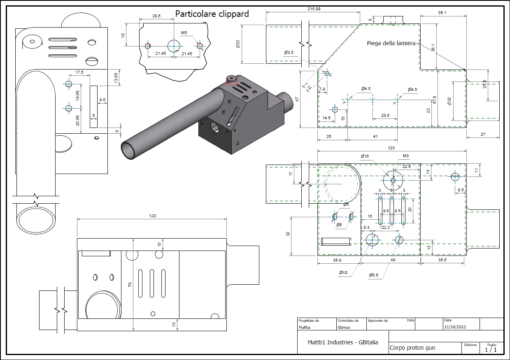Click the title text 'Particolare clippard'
[212, 14]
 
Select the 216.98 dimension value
[314, 9]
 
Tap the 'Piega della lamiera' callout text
[391, 43]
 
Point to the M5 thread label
[184, 33]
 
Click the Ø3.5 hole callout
[289, 53]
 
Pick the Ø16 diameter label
[365, 156]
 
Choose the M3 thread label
[406, 156]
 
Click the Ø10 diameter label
[343, 272]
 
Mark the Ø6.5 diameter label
[374, 275]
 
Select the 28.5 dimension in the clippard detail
[156, 16]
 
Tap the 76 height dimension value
[130, 284]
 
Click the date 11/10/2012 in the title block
[455, 327]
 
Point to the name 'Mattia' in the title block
[305, 327]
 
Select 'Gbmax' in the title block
[344, 327]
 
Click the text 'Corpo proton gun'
[412, 348]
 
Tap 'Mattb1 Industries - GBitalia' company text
[342, 342]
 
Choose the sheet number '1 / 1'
[491, 350]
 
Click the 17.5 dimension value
[79, 72]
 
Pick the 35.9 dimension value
[337, 260]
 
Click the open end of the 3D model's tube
[129, 150]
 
